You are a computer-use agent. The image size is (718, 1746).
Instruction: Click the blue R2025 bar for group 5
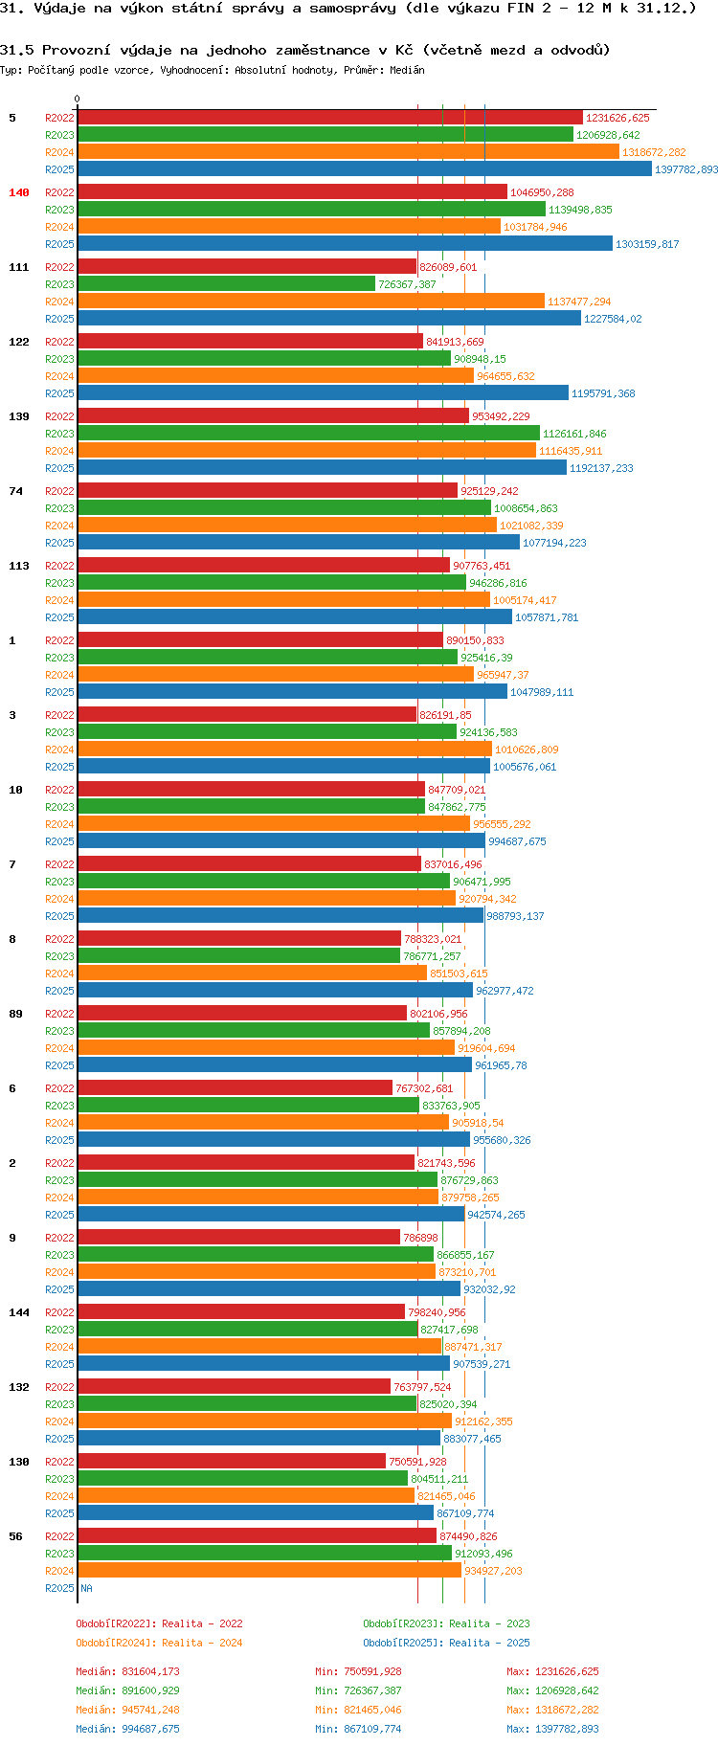364,169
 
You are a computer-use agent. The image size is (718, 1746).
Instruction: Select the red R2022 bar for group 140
292,192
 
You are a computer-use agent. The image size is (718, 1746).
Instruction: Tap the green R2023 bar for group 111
226,284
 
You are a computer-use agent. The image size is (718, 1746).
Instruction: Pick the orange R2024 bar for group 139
306,451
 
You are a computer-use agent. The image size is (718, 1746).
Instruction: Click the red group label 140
19,192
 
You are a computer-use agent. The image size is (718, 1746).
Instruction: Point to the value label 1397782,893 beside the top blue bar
685,169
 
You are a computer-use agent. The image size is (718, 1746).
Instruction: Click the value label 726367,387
407,284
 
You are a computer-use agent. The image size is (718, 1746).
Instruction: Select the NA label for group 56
86,1588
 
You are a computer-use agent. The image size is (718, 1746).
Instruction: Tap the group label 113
19,566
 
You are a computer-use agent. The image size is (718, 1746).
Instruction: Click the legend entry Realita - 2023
446,1623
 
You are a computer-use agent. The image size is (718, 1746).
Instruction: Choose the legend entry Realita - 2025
446,1643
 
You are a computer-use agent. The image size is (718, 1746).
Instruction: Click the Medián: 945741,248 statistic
127,1710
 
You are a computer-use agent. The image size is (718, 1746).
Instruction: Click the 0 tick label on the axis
78,100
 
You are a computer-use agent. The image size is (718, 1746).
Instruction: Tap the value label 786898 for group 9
420,1238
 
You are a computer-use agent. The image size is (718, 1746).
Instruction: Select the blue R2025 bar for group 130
255,1513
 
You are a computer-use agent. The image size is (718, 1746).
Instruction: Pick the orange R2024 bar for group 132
264,1421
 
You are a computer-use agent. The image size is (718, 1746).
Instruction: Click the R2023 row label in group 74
59,508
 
